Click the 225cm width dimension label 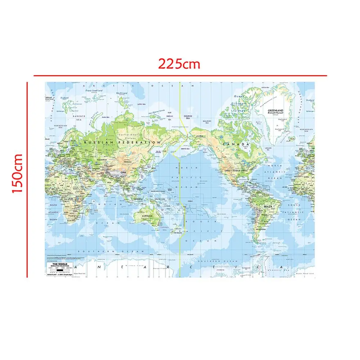point(179,64)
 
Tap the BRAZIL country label point(267,207)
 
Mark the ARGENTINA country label point(260,229)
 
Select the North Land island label point(122,93)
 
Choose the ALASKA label point(199,136)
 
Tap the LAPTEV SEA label point(141,104)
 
